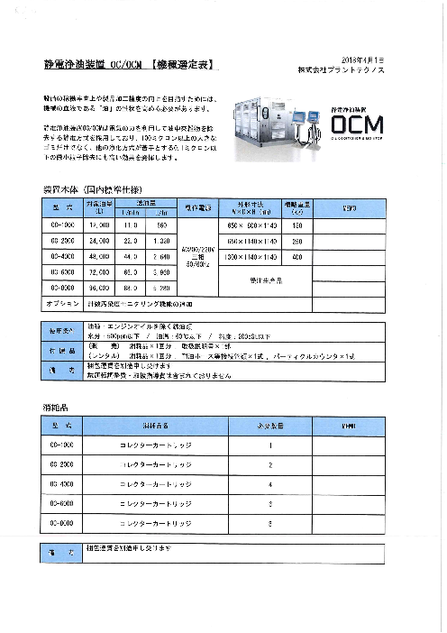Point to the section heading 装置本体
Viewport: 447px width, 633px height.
(x=61, y=191)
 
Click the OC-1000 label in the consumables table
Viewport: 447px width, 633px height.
(x=62, y=445)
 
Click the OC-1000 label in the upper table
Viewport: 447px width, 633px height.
(x=62, y=225)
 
